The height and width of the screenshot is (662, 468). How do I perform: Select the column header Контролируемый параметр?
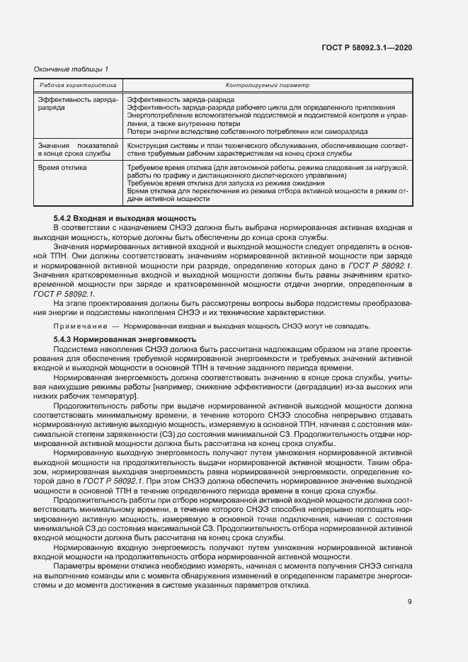click(268, 85)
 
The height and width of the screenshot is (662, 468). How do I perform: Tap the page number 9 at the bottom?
click(410, 602)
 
